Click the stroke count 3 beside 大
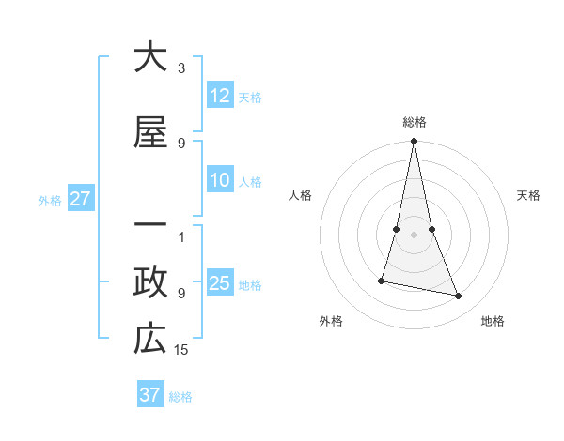tap(181, 68)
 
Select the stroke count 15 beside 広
tap(182, 349)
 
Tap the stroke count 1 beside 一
tap(181, 236)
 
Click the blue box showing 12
tap(220, 96)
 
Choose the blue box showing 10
tap(220, 180)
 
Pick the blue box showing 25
tap(220, 283)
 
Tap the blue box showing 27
tap(80, 199)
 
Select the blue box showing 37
tap(149, 395)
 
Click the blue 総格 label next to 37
tap(180, 397)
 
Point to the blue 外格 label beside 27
tap(50, 200)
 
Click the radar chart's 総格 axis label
tap(415, 122)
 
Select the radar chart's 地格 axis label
tap(493, 321)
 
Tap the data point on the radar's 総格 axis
tap(414, 142)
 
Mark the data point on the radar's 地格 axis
tap(459, 297)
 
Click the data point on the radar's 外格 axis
tap(382, 281)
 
